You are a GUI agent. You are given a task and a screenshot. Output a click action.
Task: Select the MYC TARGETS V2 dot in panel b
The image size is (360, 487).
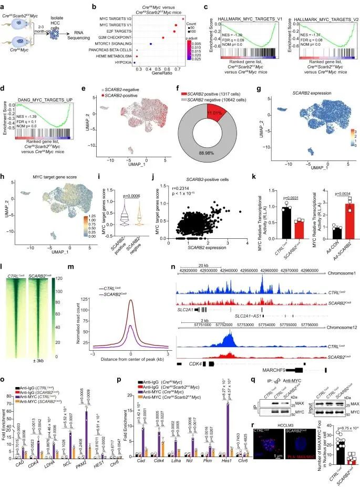point(182,19)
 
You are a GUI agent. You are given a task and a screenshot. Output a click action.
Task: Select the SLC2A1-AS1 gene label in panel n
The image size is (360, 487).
point(256,315)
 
